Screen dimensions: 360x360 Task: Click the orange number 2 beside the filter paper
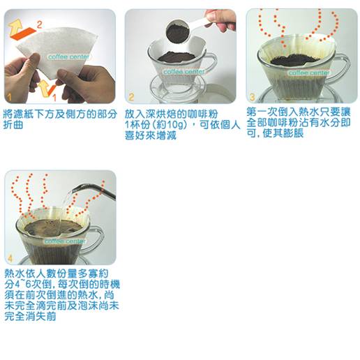point(39,24)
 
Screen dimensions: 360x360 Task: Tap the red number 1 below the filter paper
point(54,98)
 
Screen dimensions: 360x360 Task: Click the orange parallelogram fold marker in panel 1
point(23,33)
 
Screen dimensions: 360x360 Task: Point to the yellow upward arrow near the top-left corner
point(15,27)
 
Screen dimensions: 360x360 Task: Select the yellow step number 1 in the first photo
point(9,97)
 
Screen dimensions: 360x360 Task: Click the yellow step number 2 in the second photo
point(131,97)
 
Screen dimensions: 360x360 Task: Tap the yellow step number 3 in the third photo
point(253,97)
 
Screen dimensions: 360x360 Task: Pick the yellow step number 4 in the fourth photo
point(10,258)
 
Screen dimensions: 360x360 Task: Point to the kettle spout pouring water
point(94,190)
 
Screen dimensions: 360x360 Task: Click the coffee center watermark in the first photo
point(68,57)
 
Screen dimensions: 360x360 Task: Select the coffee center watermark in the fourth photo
point(65,241)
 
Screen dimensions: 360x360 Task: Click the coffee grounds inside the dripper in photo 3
point(294,59)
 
